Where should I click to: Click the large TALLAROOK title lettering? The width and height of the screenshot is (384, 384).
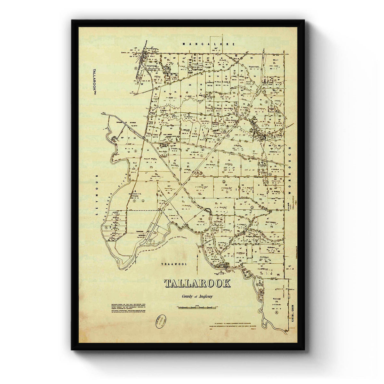pos(197,284)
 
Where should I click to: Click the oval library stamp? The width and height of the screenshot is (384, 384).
pos(161,320)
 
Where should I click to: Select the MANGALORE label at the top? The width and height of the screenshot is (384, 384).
pos(209,44)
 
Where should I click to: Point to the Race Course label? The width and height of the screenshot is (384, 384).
pos(168,135)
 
